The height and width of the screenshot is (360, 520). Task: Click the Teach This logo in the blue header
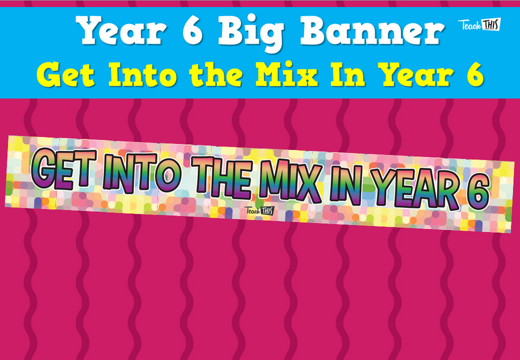[479, 24]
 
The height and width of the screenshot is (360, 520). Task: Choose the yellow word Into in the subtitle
[142, 75]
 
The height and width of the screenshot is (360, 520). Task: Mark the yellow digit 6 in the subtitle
[473, 76]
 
